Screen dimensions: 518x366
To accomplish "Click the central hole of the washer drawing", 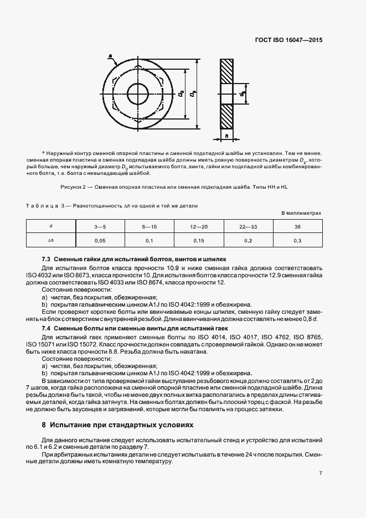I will click(x=138, y=91).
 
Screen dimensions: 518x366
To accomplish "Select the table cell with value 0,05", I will click(x=100, y=241).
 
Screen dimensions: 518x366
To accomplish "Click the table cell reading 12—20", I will click(x=198, y=227).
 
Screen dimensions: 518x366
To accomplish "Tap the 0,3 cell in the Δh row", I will click(x=297, y=241).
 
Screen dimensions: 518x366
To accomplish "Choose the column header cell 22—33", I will click(x=248, y=227).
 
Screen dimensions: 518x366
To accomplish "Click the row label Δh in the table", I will click(x=51, y=241).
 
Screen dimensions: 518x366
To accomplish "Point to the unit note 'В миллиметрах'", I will click(x=301, y=213).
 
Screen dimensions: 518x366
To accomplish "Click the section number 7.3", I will click(x=47, y=259).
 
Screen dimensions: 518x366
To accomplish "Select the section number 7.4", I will click(x=47, y=328).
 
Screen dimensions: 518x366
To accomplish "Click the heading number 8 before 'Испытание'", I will click(x=44, y=426).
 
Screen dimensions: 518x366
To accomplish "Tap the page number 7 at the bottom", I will click(x=321, y=473).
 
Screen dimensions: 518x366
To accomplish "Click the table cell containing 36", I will click(x=297, y=227).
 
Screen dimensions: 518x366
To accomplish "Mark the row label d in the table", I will click(x=51, y=227).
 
